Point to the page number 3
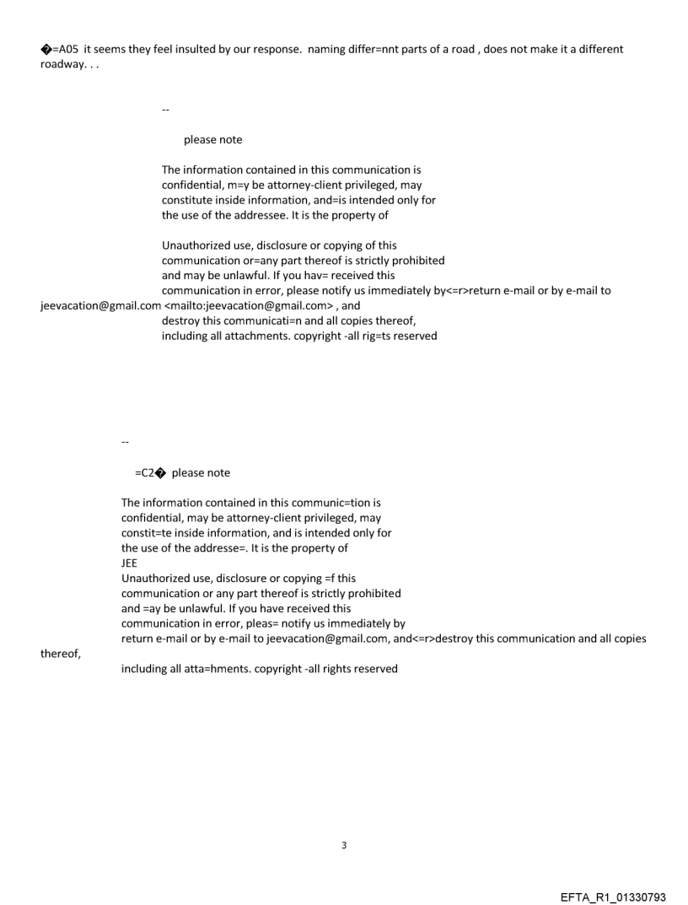tap(343, 845)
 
